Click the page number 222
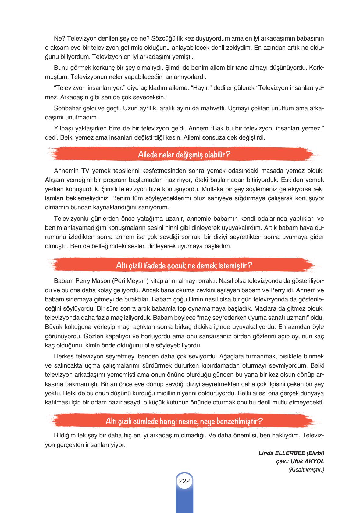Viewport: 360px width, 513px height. [x=184, y=481]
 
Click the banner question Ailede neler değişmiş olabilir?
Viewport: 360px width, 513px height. [x=184, y=155]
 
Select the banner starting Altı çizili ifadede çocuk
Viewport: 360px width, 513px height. [x=184, y=265]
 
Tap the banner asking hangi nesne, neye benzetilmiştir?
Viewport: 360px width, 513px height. [x=184, y=422]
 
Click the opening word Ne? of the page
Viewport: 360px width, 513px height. [x=59, y=38]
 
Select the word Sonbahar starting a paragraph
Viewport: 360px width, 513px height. [x=66, y=108]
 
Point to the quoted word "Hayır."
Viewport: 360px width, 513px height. [x=201, y=88]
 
